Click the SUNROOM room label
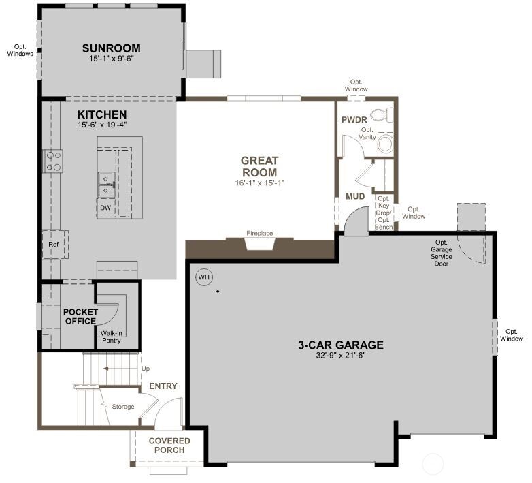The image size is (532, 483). pyautogui.click(x=112, y=48)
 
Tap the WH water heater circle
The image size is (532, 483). pyautogui.click(x=203, y=277)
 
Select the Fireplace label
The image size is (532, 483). pyautogui.click(x=259, y=234)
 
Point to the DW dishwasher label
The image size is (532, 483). pyautogui.click(x=105, y=208)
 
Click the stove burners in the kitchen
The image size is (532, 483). pyautogui.click(x=53, y=161)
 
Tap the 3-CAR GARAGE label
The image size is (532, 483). pyautogui.click(x=340, y=345)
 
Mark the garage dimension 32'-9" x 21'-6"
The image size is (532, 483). pyautogui.click(x=340, y=356)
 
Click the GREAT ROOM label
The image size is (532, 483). pyautogui.click(x=259, y=166)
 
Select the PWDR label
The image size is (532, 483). pyautogui.click(x=354, y=120)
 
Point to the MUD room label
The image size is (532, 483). pyautogui.click(x=355, y=196)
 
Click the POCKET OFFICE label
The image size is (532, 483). pyautogui.click(x=81, y=316)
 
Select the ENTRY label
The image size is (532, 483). pyautogui.click(x=163, y=386)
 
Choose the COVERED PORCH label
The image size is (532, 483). pyautogui.click(x=169, y=445)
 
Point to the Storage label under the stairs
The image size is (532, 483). pyautogui.click(x=123, y=407)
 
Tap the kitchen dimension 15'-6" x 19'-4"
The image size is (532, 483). pyautogui.click(x=102, y=125)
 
